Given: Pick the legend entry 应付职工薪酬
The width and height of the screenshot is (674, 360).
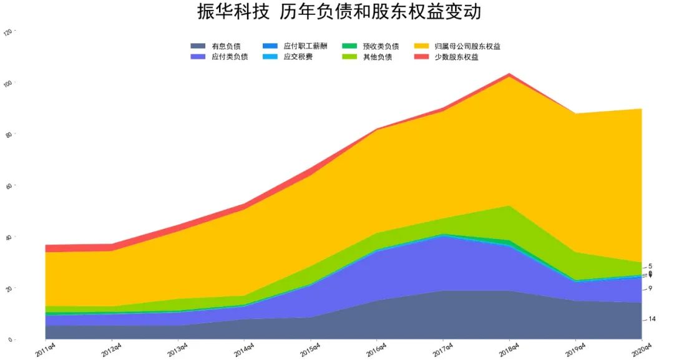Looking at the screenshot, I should click(305, 46).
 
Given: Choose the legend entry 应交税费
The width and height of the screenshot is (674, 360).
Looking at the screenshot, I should click(298, 57).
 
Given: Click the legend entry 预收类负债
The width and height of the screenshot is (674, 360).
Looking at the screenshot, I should click(381, 46).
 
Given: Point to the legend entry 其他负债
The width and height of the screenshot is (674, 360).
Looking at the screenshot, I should click(377, 57).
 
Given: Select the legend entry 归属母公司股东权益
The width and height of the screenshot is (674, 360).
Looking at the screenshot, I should click(467, 46).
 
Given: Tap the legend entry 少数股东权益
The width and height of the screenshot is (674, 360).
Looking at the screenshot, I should click(456, 57).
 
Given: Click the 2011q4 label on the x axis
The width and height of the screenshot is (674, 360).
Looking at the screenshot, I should click(46, 349).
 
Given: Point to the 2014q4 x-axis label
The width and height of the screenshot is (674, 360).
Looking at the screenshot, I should click(243, 349).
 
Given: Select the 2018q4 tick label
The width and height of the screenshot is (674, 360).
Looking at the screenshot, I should click(508, 349).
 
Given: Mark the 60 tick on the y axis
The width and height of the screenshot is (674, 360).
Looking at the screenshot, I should click(8, 186).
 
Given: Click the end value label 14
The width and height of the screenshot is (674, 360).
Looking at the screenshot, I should click(652, 319).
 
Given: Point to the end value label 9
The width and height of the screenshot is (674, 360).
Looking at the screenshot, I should click(650, 288).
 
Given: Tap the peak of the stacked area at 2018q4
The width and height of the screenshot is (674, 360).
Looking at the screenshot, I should click(510, 74).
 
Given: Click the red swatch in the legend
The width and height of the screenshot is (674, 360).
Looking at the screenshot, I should click(421, 57).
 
